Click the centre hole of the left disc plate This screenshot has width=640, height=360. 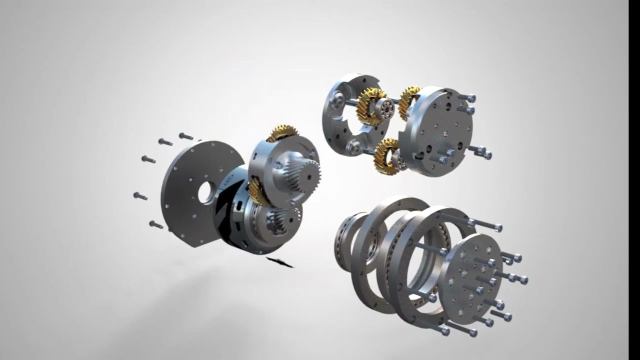coord(205,192)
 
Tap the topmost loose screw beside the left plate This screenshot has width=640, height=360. coord(185,136)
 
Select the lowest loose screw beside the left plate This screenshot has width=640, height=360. coord(156,224)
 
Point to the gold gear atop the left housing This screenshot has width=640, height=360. coord(282,132)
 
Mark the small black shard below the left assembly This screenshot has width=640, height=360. coord(280,262)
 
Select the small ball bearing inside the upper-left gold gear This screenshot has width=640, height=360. coord(384,107)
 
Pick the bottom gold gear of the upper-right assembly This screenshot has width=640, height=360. coord(385,156)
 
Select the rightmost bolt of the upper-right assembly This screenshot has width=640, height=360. coord(485,154)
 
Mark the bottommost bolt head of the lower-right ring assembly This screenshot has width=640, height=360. coord(443,330)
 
